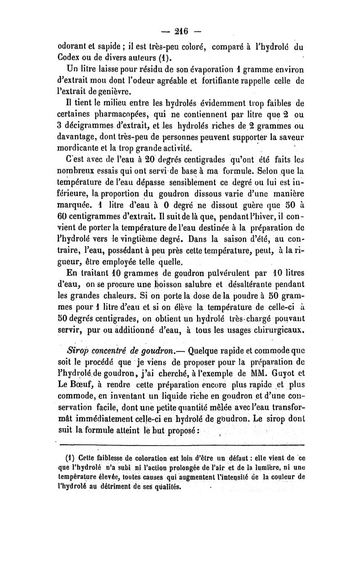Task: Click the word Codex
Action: pos(72,57)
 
